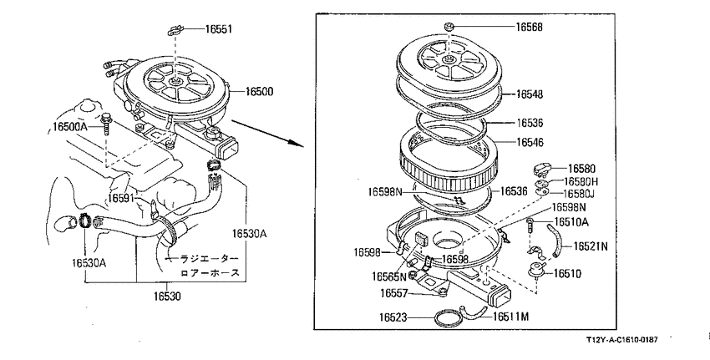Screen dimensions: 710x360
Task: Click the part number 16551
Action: coord(219,29)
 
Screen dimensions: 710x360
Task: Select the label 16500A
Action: coord(69,126)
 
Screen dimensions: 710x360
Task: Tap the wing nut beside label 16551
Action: coord(175,31)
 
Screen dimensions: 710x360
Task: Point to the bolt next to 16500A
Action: coord(106,124)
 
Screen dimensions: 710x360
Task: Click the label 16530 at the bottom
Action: coord(166,297)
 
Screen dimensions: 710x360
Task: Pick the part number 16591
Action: coord(121,198)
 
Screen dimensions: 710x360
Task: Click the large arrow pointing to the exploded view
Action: coord(267,133)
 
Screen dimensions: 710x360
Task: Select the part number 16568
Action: coord(529,27)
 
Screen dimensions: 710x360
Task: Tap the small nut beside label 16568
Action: coord(449,27)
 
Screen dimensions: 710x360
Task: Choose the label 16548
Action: coord(530,94)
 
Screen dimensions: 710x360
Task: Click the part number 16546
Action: coord(530,142)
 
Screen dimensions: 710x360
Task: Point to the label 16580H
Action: coord(581,181)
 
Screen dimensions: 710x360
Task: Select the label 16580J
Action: coord(579,194)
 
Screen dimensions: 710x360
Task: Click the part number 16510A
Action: coord(571,222)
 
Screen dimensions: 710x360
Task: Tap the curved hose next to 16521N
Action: coord(555,241)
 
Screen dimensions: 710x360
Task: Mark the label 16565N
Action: coord(389,276)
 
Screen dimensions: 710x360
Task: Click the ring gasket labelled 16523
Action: coord(449,318)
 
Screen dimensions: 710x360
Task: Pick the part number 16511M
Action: coord(510,317)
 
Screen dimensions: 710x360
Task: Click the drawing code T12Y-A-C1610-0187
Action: coord(621,339)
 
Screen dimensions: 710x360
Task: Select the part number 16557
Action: coord(394,293)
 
